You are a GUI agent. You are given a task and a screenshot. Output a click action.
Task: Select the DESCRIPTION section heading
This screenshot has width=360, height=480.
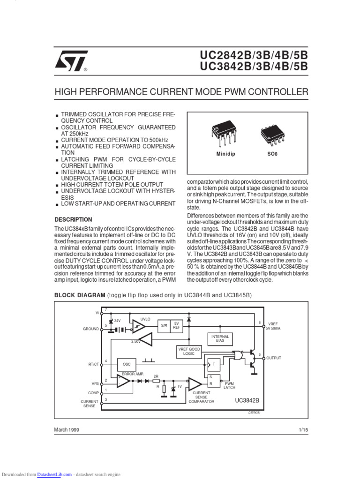click(x=74, y=219)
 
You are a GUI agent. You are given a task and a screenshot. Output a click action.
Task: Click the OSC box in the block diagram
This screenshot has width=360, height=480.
click(x=127, y=364)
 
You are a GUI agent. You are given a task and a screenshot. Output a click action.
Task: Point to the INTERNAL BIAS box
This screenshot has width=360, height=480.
click(x=220, y=338)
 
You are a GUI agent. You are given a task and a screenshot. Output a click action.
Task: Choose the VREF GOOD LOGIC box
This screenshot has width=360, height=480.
click(x=189, y=352)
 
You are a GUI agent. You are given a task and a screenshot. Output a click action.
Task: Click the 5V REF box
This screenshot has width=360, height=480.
click(x=177, y=326)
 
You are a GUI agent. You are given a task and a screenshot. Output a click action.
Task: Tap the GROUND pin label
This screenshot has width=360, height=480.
click(x=91, y=329)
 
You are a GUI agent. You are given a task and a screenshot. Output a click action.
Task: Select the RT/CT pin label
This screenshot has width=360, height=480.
click(x=93, y=364)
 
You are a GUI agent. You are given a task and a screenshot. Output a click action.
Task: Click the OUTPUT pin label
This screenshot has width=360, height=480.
click(x=274, y=358)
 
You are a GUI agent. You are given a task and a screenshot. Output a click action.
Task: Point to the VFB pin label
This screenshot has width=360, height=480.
click(x=95, y=383)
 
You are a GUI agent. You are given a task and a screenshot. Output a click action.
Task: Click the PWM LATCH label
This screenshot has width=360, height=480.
click(x=229, y=385)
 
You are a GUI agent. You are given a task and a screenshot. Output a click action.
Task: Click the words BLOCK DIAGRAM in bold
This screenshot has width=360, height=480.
click(x=80, y=295)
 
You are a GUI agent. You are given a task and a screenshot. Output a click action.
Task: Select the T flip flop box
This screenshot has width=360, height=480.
click(x=213, y=364)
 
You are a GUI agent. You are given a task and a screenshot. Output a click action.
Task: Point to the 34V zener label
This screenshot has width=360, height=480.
click(x=117, y=320)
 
